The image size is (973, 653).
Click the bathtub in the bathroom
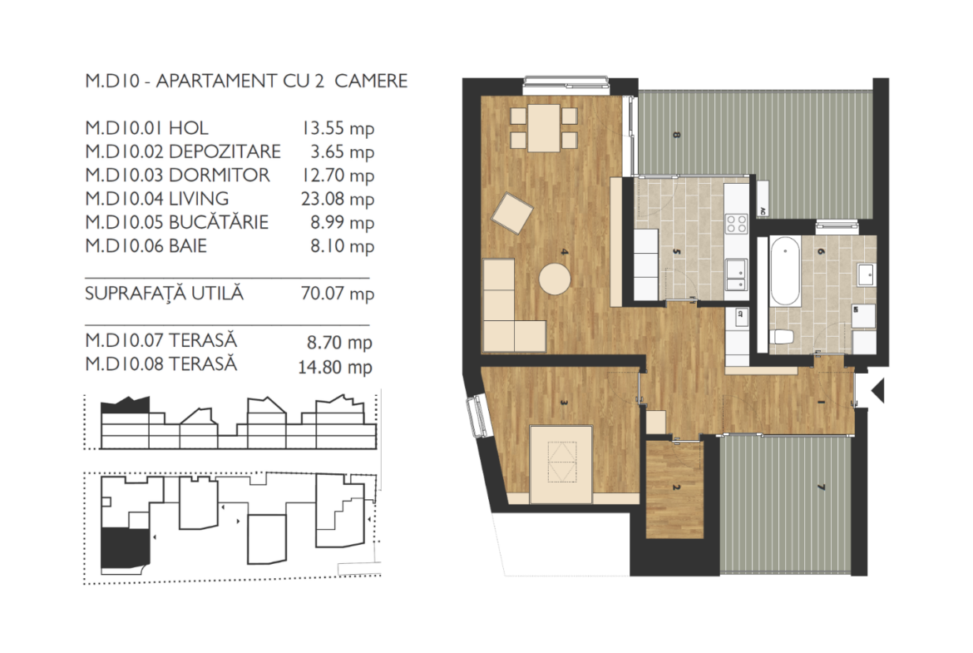(785, 271)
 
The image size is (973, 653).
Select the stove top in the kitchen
(737, 224)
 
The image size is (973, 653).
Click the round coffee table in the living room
(555, 279)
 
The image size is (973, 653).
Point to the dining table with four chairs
(544, 128)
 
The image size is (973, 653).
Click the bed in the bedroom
(561, 464)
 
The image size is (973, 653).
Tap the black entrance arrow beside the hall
(877, 391)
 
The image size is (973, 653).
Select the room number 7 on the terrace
(822, 487)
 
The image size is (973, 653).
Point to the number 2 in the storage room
(676, 487)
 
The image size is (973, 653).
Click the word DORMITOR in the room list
(219, 175)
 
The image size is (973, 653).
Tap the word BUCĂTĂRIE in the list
(219, 221)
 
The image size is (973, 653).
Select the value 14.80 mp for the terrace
(335, 367)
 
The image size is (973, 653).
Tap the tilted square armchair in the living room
(512, 213)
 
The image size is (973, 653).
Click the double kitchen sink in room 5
(737, 275)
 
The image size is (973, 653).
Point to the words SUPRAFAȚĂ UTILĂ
(164, 294)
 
